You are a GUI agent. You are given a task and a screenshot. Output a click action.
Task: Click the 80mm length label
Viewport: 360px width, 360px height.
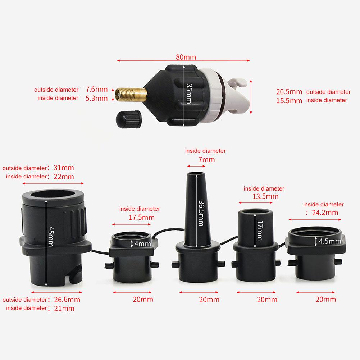(x=186, y=57)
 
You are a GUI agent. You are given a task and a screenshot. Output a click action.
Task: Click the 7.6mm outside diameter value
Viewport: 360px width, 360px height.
(x=96, y=90)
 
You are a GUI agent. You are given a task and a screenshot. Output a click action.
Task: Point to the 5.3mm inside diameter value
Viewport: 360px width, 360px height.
(x=96, y=98)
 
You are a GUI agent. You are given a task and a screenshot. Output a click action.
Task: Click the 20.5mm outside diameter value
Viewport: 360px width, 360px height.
(x=289, y=92)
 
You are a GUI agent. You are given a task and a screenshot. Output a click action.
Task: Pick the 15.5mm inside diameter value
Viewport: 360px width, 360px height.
(x=289, y=101)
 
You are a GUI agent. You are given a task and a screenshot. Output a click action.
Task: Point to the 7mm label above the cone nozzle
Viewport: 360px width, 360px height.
(x=206, y=159)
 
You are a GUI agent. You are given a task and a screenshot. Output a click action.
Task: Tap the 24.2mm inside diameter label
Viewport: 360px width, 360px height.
(x=324, y=212)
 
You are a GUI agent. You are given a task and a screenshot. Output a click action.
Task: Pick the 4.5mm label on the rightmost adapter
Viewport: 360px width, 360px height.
(x=330, y=241)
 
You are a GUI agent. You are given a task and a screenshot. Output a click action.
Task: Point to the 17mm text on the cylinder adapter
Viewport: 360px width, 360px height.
(x=260, y=230)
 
